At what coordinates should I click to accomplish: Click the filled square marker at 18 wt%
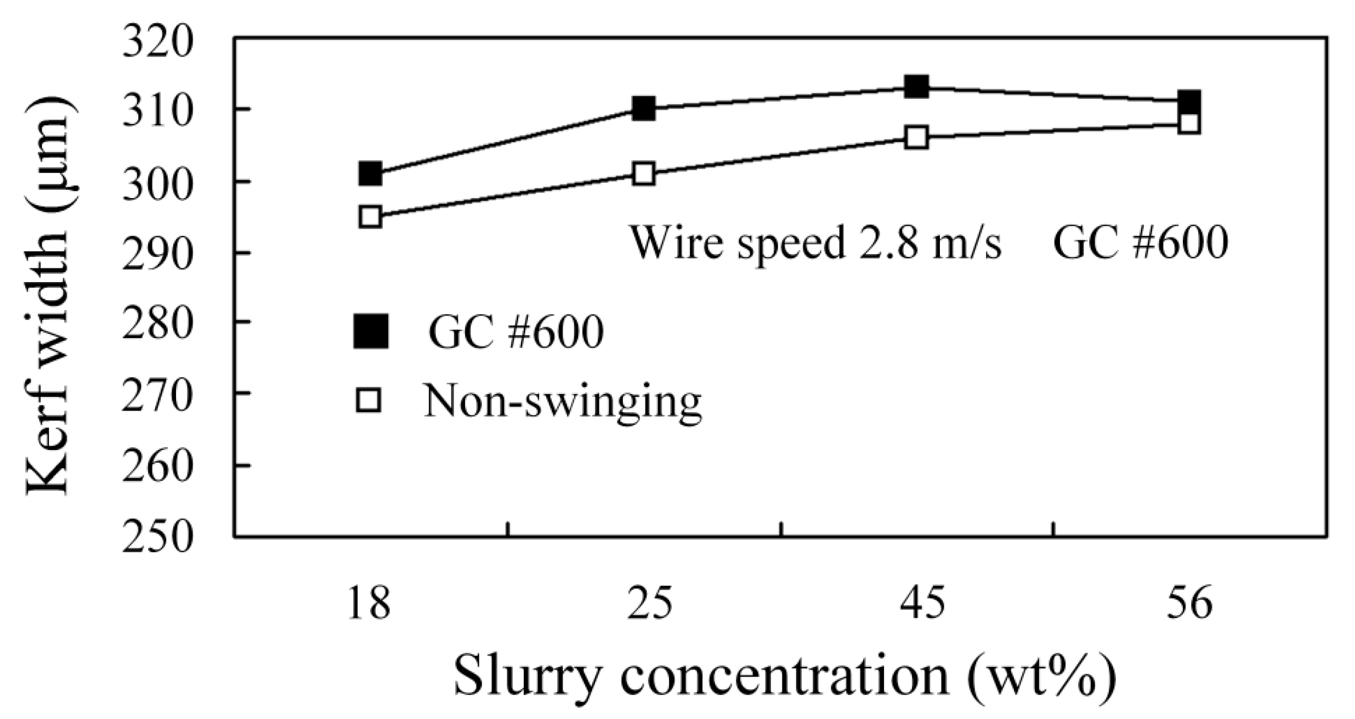pos(371,174)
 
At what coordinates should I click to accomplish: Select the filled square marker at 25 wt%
pos(643,109)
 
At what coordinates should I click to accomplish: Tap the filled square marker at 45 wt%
pos(916,87)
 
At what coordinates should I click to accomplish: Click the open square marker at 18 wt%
pos(371,217)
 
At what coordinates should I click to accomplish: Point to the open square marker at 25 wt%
pos(643,174)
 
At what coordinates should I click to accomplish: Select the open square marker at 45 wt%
pos(916,137)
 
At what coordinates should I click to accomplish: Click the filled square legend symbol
pos(371,332)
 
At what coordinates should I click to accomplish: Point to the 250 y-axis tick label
pos(158,536)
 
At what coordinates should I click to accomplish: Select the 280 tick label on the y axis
pos(158,324)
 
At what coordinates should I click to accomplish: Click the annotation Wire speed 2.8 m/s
pos(815,244)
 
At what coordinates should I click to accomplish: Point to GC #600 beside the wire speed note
pos(1141,244)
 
